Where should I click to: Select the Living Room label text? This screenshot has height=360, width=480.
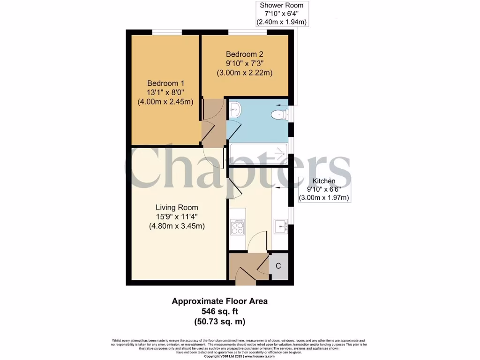(177, 207)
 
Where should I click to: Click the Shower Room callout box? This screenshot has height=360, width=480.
(282, 14)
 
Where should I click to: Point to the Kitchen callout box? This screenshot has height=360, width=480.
(324, 189)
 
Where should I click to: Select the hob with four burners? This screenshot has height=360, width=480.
(237, 227)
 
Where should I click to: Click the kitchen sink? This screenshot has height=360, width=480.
(282, 226)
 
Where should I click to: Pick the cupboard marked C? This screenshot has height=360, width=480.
(278, 266)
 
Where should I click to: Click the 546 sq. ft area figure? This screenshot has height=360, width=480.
(220, 312)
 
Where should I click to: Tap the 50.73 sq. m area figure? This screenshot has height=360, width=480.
(220, 322)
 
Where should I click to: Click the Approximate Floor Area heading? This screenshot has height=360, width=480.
(220, 301)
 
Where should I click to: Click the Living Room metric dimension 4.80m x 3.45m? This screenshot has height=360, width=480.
(177, 226)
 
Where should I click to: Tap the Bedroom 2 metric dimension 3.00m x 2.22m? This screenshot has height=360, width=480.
(244, 73)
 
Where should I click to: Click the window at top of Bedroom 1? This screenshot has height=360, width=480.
(167, 32)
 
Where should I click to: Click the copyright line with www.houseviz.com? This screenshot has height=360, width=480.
(239, 357)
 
